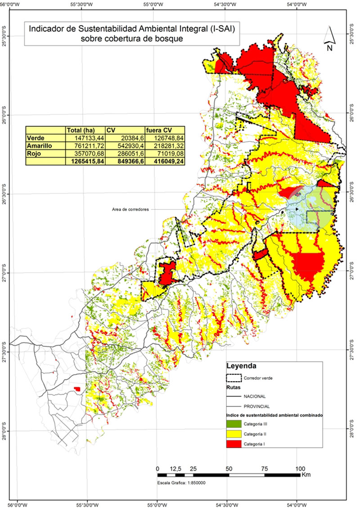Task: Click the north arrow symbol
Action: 329,39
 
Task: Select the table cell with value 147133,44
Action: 85,138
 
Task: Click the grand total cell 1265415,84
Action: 85,161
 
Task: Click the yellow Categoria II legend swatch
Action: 234,434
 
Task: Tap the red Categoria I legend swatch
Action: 234,444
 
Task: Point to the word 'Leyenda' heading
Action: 243,366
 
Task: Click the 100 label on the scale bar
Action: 301,468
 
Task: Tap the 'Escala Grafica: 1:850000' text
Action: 181,482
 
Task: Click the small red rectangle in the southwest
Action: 78,388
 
